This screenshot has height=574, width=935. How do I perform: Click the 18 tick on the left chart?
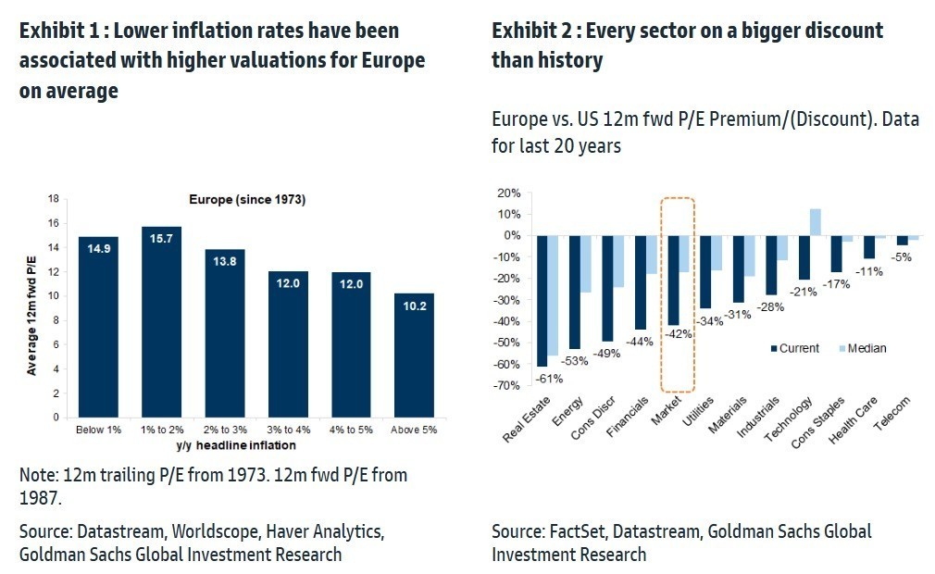54,199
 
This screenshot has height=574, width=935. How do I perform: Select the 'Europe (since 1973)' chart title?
246,200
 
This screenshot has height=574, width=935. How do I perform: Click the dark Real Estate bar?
542,301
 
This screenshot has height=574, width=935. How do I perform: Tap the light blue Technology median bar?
816,222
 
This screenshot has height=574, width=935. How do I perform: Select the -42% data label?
679,335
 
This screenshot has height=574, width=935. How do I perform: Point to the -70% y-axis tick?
509,385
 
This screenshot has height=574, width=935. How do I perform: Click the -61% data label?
550,377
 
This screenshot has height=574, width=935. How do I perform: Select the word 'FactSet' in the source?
575,531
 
